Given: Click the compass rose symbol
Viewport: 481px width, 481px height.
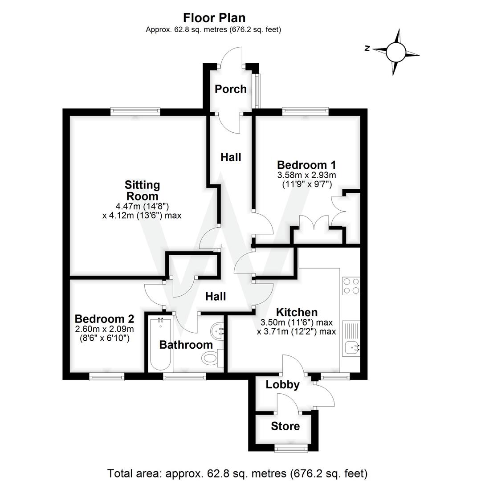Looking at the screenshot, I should pyautogui.click(x=396, y=52).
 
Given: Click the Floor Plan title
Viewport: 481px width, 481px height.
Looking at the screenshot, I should pyautogui.click(x=214, y=18).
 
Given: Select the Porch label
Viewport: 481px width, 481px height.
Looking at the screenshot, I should pyautogui.click(x=231, y=89).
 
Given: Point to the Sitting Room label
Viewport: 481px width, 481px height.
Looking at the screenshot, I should pyautogui.click(x=142, y=191).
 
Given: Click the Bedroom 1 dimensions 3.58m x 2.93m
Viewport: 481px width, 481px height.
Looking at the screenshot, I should pyautogui.click(x=306, y=175).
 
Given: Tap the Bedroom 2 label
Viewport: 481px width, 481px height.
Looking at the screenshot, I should pyautogui.click(x=104, y=319).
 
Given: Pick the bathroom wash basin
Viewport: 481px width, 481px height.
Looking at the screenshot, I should pyautogui.click(x=218, y=330).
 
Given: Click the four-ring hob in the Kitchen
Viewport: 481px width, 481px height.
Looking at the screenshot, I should pyautogui.click(x=351, y=286).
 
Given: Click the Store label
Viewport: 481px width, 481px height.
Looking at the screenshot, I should pyautogui.click(x=285, y=427).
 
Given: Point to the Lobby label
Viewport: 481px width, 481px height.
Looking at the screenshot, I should pyautogui.click(x=282, y=385).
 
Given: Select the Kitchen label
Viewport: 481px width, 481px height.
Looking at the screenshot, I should pyautogui.click(x=296, y=312).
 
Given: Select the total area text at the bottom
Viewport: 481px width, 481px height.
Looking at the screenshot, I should pyautogui.click(x=237, y=473).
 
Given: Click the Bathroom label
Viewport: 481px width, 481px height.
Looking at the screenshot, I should pyautogui.click(x=186, y=345).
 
